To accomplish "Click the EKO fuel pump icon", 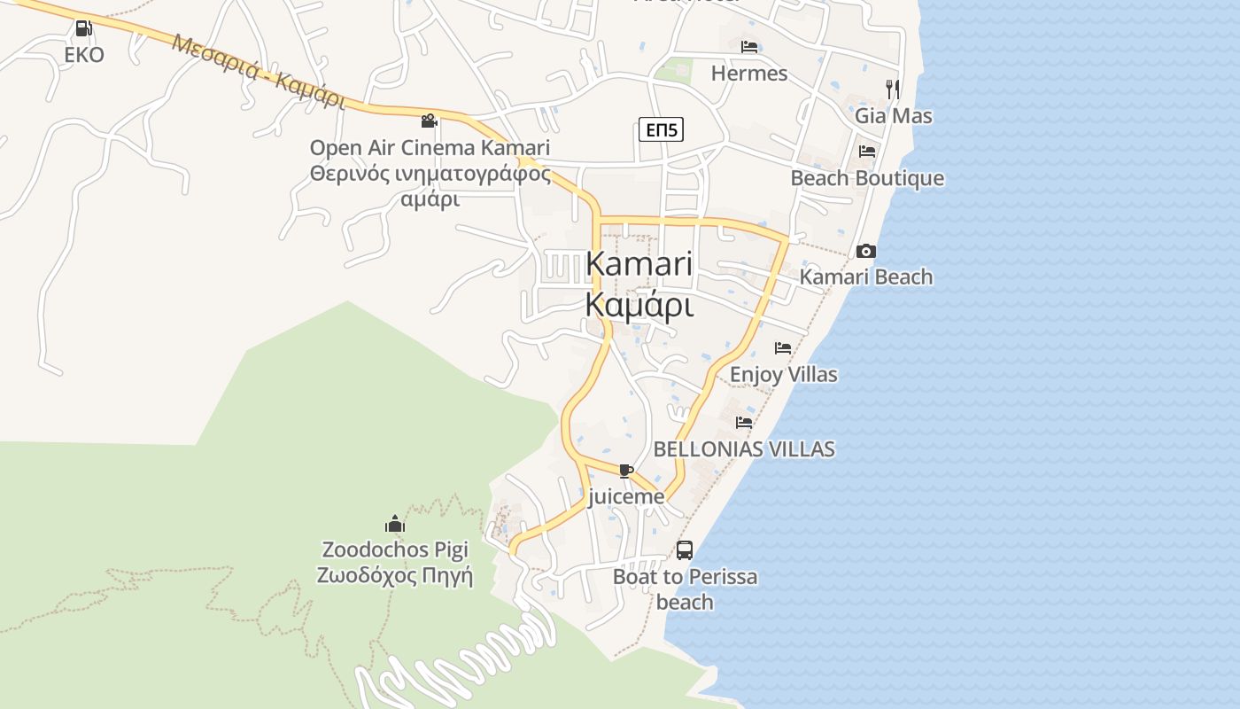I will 83,28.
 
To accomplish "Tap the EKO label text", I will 84,55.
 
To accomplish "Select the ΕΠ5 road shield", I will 662,130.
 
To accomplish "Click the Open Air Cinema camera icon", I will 430,121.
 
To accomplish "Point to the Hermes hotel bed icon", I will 749,46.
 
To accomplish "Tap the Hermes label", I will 749,74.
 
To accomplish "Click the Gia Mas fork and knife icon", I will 893,89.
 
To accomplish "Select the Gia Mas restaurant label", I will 893,116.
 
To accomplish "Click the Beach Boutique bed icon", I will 867,152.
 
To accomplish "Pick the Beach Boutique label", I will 867,178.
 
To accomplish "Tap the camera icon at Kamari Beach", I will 866,251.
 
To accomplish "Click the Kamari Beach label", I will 866,277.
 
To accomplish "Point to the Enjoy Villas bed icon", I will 783,348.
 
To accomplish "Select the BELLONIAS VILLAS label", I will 744,449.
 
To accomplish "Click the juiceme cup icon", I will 626,471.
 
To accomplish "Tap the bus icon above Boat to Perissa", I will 685,549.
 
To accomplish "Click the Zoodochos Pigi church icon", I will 395,524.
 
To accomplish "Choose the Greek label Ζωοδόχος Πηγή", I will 395,576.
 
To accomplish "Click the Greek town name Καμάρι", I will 639,304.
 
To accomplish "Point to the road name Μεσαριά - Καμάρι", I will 259,71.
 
